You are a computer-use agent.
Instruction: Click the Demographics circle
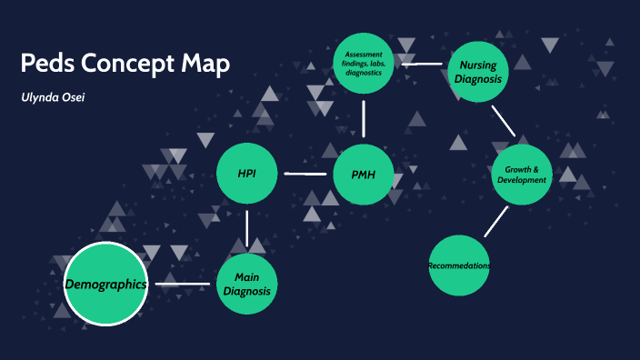105,285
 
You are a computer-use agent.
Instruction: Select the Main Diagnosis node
247,284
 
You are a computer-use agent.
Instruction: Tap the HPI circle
246,173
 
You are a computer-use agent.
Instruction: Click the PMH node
364,173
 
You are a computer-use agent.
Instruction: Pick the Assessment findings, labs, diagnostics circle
364,64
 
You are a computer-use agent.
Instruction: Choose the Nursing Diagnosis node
477,72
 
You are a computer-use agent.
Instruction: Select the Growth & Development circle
522,174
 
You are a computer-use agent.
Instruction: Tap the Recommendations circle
459,265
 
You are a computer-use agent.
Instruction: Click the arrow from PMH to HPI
305,173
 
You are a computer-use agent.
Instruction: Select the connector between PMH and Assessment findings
364,118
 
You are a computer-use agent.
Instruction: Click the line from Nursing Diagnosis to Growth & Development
503,121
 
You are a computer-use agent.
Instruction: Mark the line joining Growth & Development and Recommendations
495,221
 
